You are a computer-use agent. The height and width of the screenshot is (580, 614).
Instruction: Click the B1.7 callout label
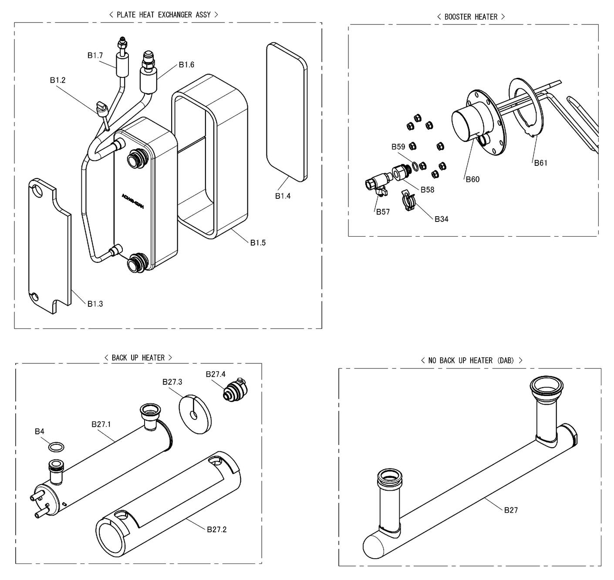pos(95,55)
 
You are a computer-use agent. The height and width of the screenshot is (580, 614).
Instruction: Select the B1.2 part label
pos(57,80)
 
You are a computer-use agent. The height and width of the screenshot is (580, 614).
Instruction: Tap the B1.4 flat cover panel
pos(287,111)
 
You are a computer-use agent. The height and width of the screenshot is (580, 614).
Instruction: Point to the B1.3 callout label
pos(95,304)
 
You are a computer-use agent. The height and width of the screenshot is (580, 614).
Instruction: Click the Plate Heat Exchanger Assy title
pos(163,15)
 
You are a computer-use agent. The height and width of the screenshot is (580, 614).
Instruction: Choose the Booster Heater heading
pos(471,17)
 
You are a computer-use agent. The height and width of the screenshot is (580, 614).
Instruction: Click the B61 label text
pos(540,163)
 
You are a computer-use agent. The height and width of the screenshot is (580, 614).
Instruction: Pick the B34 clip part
pos(408,201)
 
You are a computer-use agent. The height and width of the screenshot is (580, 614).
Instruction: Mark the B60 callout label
pos(472,179)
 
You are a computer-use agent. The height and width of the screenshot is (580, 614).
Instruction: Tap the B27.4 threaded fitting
pos(234,389)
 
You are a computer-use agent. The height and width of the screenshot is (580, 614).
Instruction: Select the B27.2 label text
pos(216,530)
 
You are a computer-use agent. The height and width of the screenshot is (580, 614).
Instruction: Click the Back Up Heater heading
pos(138,358)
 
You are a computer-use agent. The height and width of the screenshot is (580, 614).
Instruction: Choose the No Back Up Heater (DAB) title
pos(471,360)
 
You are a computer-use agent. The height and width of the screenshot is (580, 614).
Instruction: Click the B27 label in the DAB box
pos(511,510)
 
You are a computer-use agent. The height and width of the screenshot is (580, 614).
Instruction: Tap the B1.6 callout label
pos(186,65)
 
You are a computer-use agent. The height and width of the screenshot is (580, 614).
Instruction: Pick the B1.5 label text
pos(258,243)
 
